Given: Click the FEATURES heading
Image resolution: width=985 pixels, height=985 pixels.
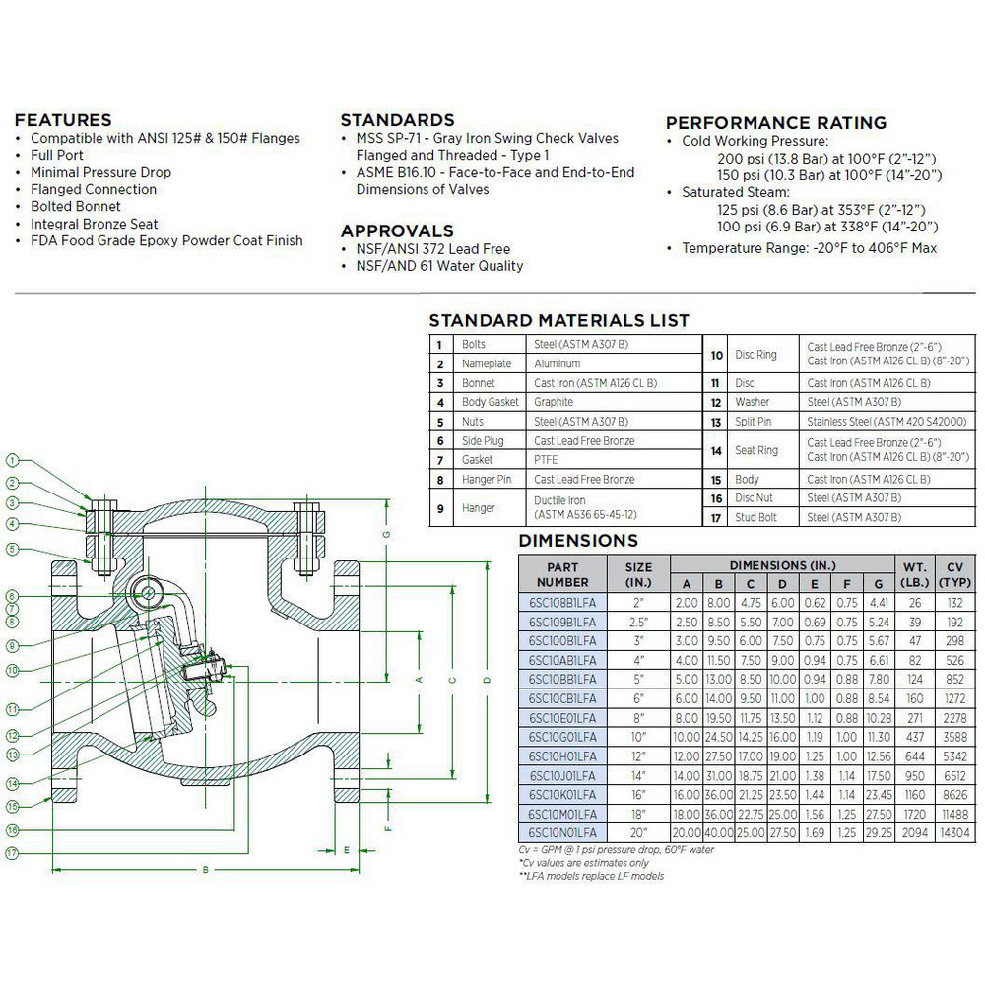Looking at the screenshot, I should (63, 120).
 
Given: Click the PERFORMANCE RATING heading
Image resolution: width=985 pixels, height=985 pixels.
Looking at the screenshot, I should (776, 123).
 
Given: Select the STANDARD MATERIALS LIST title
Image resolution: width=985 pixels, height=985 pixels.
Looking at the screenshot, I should (558, 321).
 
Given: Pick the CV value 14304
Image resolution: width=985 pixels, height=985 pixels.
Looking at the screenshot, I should (954, 831).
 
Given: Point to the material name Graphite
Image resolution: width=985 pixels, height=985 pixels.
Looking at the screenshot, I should (554, 402).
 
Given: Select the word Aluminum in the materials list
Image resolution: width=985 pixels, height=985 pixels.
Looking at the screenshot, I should (558, 363).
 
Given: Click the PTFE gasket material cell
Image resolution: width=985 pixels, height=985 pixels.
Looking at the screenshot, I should (546, 459).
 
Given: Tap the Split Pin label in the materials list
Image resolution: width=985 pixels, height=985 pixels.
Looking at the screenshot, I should (754, 422).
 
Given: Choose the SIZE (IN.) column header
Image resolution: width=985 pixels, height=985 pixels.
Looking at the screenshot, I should (639, 574).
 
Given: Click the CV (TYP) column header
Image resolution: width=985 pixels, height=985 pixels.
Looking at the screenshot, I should (954, 574).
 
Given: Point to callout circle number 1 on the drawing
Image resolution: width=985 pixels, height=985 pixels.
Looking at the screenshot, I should (13, 460).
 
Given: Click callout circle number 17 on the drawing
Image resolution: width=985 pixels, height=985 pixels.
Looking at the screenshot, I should (13, 853).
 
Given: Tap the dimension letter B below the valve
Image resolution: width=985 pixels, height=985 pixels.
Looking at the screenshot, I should (205, 868).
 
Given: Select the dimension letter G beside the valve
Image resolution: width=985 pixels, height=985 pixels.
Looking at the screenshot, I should (386, 533).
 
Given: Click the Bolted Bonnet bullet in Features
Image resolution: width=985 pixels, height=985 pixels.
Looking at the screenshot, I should (76, 206).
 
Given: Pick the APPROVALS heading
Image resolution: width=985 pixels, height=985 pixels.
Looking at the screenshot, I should (397, 231).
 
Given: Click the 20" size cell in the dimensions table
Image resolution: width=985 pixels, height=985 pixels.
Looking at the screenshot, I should (639, 831).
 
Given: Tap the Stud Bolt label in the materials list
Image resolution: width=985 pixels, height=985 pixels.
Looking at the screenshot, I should (755, 517).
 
